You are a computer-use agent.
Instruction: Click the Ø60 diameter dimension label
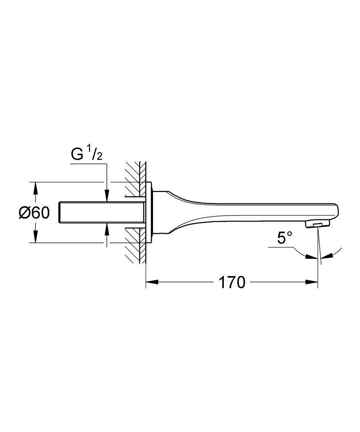coord(34,213)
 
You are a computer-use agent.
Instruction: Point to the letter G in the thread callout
coord(76,154)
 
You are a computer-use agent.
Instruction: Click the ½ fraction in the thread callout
coord(94,153)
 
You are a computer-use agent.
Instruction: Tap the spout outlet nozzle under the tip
coord(316,223)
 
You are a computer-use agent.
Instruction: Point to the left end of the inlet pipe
coord(59,213)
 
